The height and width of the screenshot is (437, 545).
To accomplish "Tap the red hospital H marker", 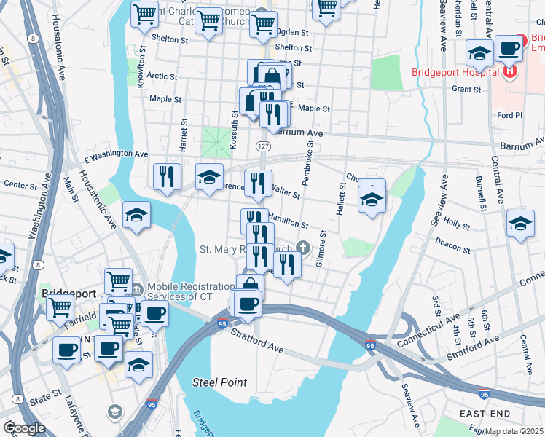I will coord(509,72).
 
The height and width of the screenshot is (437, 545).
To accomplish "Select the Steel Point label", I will coord(219,382).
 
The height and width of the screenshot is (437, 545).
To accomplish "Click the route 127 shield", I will coord(264,146).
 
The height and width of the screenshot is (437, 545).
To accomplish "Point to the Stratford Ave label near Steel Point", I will coord(257,339).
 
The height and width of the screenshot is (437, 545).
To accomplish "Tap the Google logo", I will coord(24,428).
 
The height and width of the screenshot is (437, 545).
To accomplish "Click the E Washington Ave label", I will coord(116,154).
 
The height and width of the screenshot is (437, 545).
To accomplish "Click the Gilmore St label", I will coord(321,250).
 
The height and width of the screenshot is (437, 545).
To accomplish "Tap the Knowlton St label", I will coord(141,74).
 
